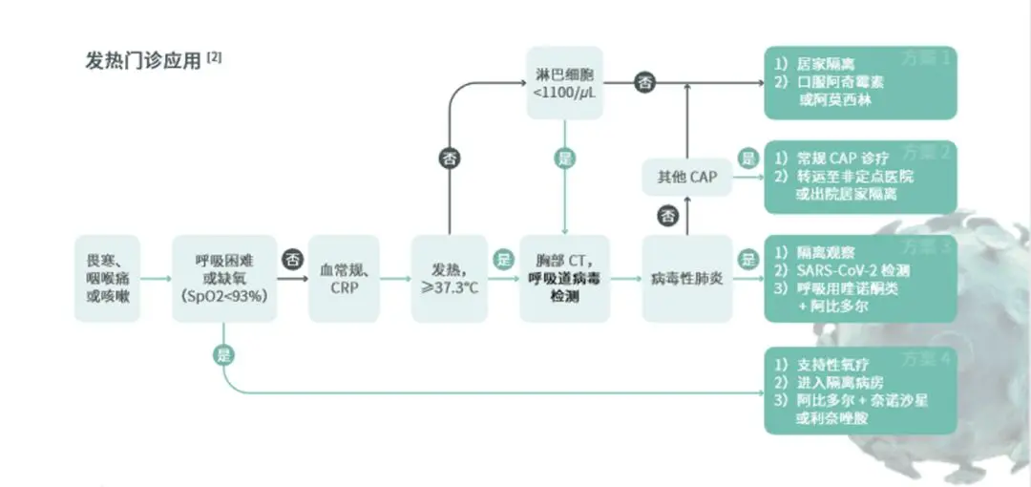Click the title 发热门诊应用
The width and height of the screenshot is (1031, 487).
click(143, 60)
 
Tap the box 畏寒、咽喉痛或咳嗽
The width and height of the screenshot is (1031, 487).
click(108, 278)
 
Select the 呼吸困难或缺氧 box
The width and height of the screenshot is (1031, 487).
click(224, 278)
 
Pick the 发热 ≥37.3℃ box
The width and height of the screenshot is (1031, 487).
click(449, 278)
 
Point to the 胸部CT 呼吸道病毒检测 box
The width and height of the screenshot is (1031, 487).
click(565, 278)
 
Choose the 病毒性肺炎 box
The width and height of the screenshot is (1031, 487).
click(686, 278)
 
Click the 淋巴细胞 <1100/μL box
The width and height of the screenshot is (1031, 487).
click(565, 82)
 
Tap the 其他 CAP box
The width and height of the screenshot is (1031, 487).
click(686, 178)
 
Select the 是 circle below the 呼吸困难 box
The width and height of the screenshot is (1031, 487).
click(224, 354)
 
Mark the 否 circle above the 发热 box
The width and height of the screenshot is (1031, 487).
click(449, 159)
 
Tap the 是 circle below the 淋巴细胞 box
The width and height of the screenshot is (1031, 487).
click(565, 159)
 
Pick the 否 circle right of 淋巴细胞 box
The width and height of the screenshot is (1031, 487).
click(645, 82)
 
